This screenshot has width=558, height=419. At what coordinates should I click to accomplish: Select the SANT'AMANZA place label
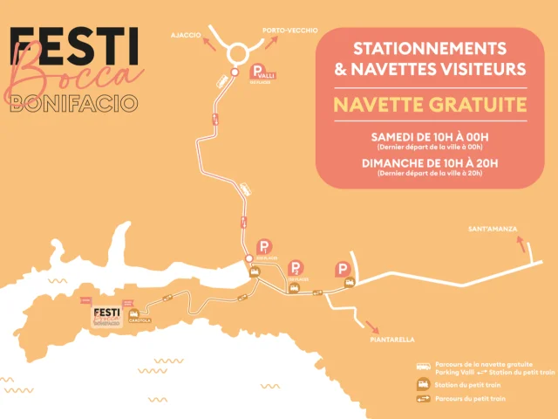click(493, 229)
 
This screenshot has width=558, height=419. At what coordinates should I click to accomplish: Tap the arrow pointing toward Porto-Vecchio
click(263, 38)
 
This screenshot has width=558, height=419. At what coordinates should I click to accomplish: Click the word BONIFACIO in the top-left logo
click(73, 103)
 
